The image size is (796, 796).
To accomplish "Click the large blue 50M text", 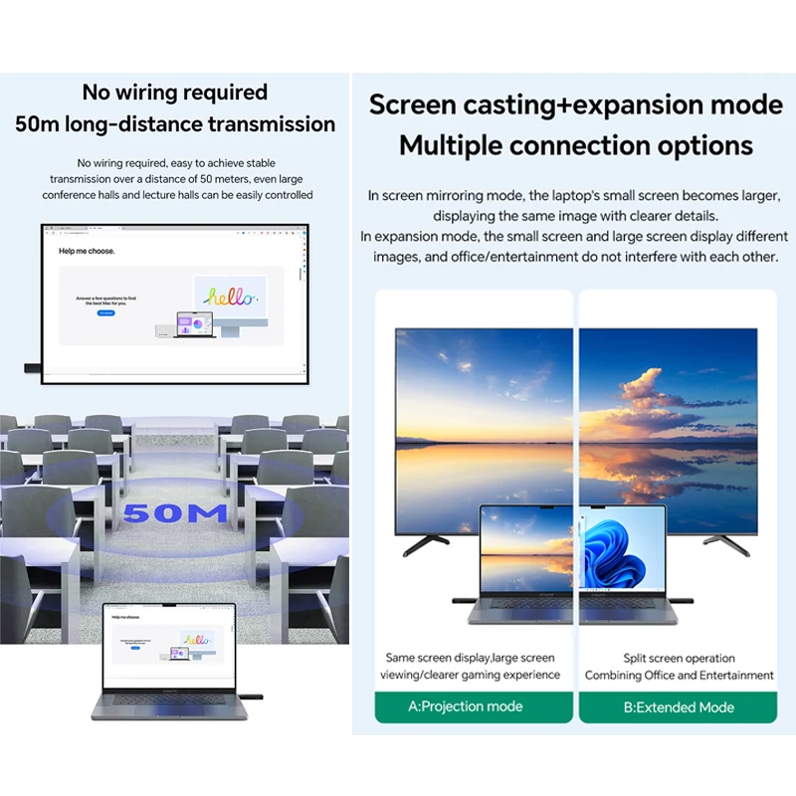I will [176, 513].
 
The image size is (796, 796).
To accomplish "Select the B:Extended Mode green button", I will [678, 706].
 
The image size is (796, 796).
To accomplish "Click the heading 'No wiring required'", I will [175, 93].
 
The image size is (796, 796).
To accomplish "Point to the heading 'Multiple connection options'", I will [576, 145].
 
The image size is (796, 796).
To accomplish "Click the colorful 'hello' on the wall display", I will [230, 296].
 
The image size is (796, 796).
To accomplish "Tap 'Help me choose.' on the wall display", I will [87, 251].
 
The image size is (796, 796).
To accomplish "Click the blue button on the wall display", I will [105, 313].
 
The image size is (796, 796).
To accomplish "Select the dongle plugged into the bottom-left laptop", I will [243, 689].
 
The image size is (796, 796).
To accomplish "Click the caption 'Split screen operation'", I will [680, 658].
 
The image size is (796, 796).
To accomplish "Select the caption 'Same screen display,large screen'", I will [470, 658].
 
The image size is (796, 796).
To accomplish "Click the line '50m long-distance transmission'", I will [175, 124].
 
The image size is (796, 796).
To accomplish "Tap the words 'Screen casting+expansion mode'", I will [576, 104].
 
